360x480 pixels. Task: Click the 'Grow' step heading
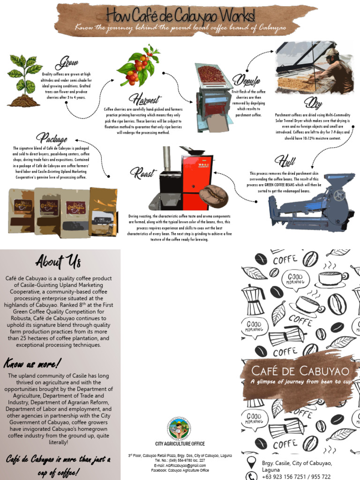(67, 63)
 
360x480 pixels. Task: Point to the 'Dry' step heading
(313, 102)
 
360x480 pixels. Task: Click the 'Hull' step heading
(285, 161)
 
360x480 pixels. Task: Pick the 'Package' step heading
(52, 138)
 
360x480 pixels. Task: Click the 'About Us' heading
(58, 261)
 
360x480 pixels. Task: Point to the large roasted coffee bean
(213, 196)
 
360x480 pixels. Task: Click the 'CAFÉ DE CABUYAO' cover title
(300, 371)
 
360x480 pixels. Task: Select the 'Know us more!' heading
(33, 363)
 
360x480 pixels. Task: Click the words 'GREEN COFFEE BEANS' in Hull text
(289, 185)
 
